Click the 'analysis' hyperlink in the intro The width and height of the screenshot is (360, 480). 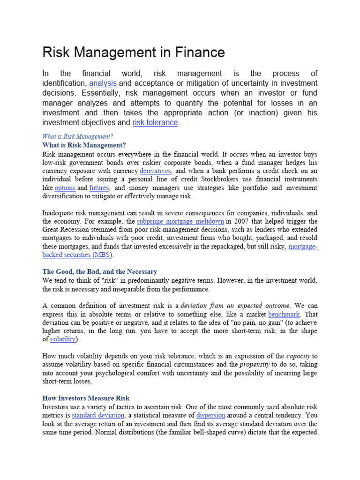coord(103,83)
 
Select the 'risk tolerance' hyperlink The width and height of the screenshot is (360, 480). coord(155,122)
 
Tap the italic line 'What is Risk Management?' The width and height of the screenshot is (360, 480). coord(77,136)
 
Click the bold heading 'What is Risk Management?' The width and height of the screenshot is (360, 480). coord(84,145)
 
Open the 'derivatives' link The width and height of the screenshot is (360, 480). coord(155,171)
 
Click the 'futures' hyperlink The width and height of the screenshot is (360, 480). coord(99,188)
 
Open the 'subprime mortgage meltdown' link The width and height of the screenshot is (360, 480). coord(180,221)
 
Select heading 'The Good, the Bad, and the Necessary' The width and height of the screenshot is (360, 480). coord(100,272)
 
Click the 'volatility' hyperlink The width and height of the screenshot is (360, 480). coord(63,339)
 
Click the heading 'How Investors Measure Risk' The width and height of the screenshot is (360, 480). coord(86,398)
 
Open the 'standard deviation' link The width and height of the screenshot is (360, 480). coord(98,415)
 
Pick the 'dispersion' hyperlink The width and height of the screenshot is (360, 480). coord(210,415)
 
